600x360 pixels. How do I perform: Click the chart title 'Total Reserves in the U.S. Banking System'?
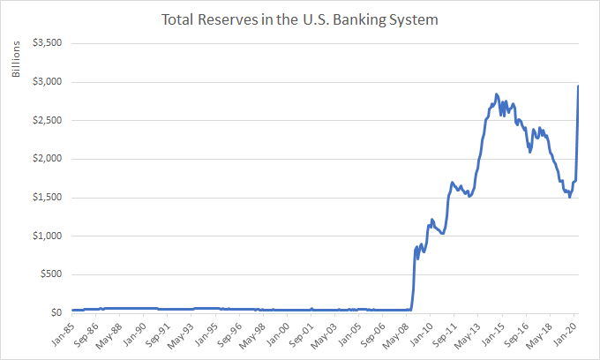pyautogui.click(x=300, y=18)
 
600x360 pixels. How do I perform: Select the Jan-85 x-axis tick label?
pyautogui.click(x=60, y=333)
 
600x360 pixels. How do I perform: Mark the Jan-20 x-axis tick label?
pyautogui.click(x=566, y=333)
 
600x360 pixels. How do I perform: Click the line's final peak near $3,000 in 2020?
pyautogui.click(x=578, y=86)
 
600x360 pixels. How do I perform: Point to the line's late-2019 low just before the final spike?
pyautogui.click(x=570, y=197)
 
